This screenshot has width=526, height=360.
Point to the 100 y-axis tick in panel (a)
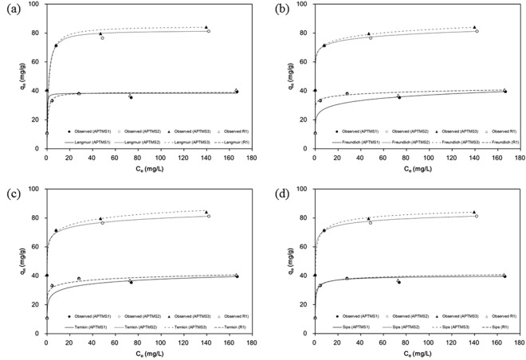(36, 5)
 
